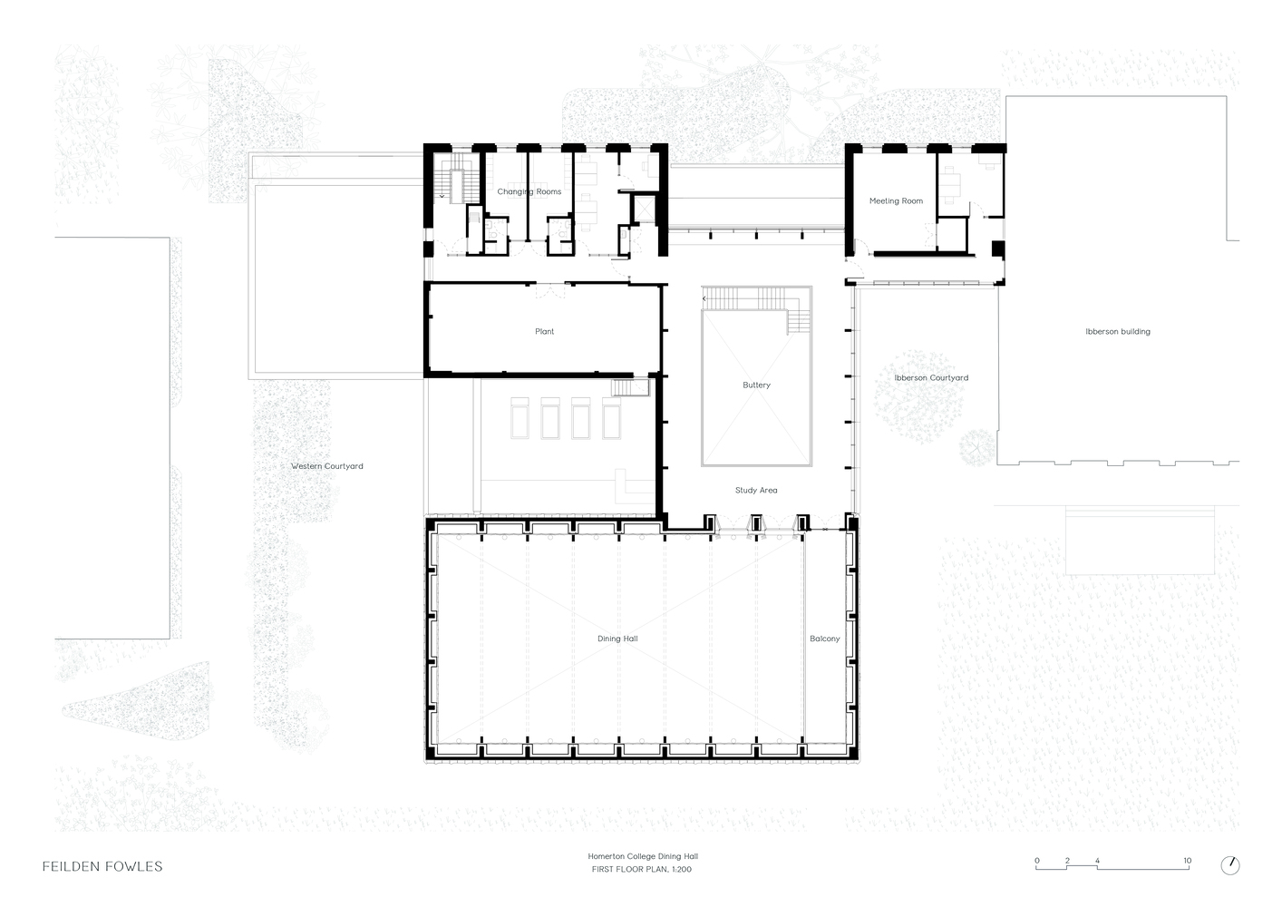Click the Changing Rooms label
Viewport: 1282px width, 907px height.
coord(529,191)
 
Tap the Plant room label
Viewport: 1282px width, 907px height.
coord(544,332)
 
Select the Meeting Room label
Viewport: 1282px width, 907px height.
coord(896,201)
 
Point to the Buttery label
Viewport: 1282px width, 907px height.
coord(756,385)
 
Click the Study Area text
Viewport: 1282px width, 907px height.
coord(756,490)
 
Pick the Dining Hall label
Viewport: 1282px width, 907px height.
coord(617,639)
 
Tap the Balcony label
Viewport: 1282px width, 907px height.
coord(825,639)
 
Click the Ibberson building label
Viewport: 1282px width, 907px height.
coord(1118,332)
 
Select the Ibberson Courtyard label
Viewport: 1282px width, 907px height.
coord(931,378)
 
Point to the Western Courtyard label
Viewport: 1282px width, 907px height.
coord(326,466)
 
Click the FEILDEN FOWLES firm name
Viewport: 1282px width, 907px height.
coord(102,866)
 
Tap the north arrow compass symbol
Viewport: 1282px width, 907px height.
coord(1230,865)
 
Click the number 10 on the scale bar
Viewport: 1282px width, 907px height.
coord(1188,861)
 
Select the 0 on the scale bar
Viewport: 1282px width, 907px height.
coord(1037,861)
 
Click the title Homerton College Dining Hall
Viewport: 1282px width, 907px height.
coord(643,856)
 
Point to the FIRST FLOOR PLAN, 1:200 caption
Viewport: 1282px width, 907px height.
coord(642,869)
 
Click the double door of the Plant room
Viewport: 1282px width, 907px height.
coord(550,290)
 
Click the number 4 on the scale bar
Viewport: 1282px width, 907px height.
coord(1097,861)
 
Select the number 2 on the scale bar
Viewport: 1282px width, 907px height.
coord(1067,861)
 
